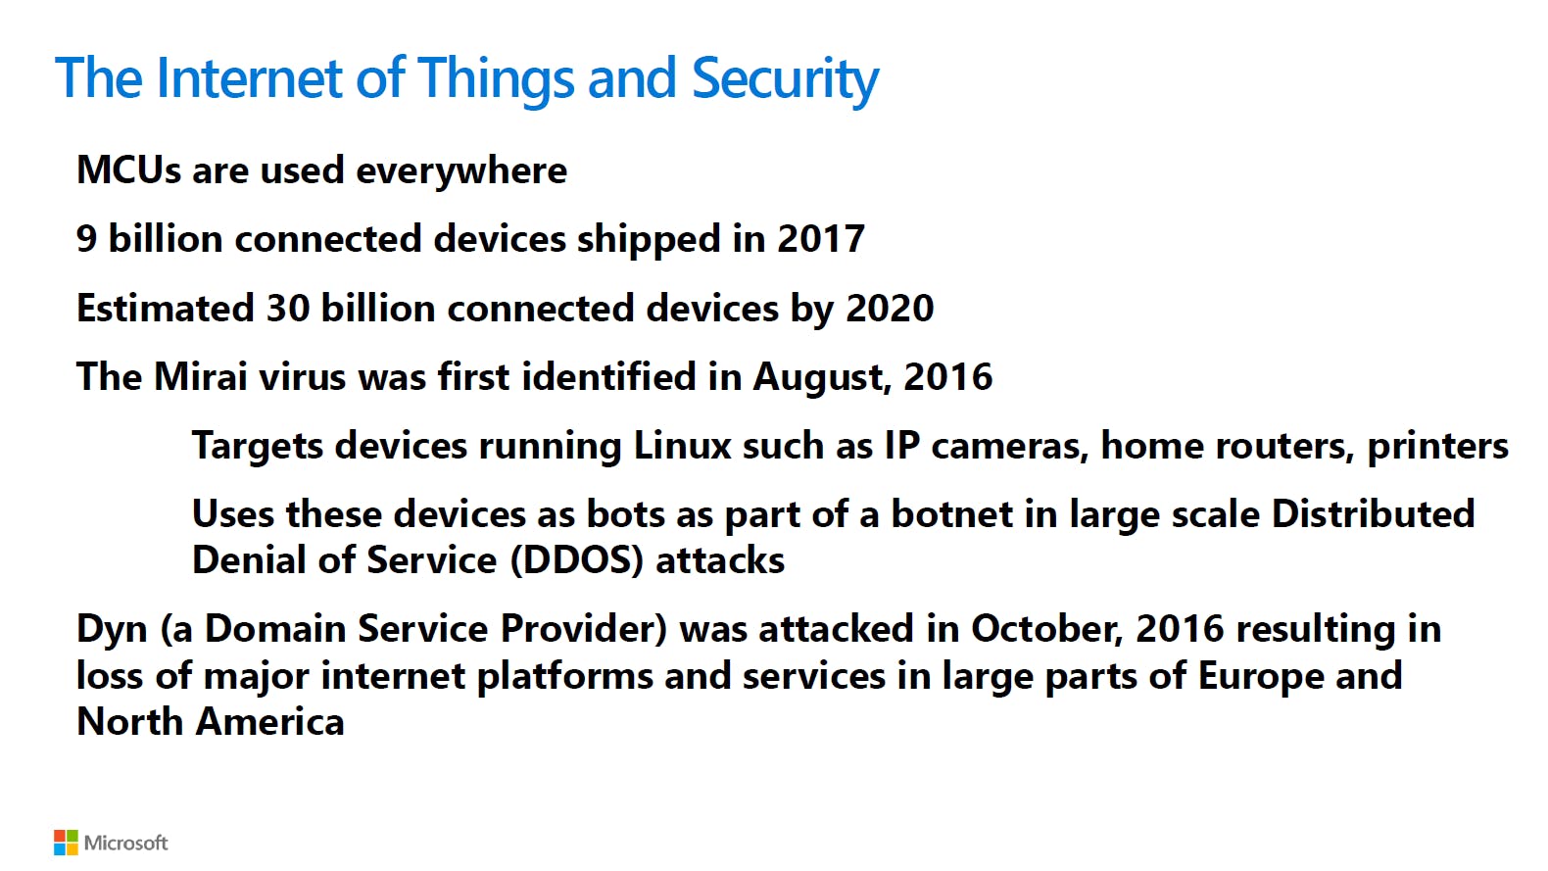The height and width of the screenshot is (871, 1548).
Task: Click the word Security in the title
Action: pos(785,80)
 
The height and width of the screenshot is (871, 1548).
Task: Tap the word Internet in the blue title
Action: pos(250,77)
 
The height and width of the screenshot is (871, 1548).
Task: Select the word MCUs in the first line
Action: pos(128,170)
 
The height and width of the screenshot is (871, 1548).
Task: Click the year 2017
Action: pos(821,239)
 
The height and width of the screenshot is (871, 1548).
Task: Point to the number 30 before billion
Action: pos(288,309)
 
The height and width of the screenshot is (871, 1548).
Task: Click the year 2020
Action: pos(890,309)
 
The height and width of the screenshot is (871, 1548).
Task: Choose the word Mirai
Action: pos(201,377)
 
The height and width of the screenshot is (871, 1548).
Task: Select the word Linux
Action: pos(682,446)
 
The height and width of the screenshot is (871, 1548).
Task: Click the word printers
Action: pos(1437,448)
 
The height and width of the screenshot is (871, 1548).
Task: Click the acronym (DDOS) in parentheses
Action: pos(577,561)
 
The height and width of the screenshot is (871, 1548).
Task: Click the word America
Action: pos(269,722)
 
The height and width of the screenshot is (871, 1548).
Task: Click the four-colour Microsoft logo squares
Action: pos(66,843)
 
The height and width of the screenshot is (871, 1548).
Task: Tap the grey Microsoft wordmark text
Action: pos(125,843)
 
